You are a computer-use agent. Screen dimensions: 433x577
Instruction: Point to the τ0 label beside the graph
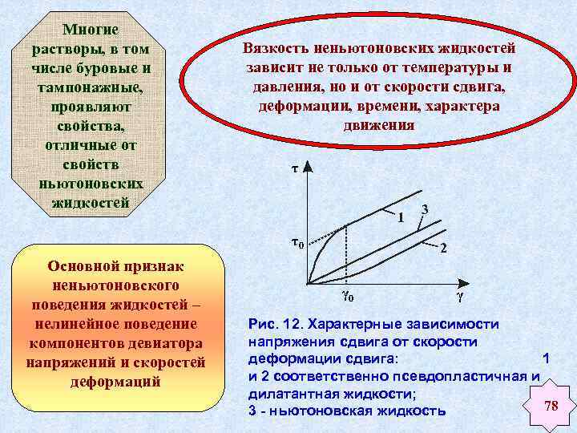click(x=296, y=244)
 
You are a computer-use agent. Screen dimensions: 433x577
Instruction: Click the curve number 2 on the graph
click(x=443, y=248)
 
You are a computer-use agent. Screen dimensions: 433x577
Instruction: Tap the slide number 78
click(x=551, y=406)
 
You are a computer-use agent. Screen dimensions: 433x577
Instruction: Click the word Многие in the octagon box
click(x=91, y=30)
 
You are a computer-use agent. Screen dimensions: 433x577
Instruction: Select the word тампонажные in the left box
click(x=91, y=87)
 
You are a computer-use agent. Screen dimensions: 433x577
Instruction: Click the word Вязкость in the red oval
click(x=274, y=48)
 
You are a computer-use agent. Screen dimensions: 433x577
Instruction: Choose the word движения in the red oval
click(x=379, y=125)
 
